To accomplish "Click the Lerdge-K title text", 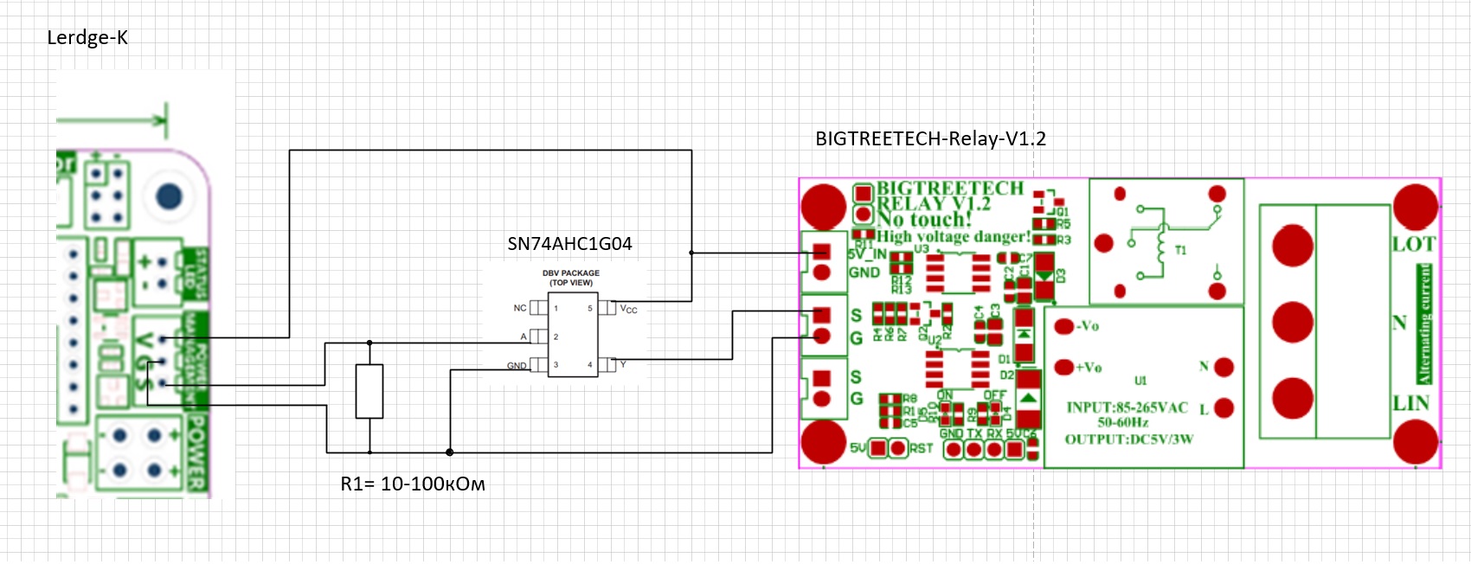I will pos(87,37).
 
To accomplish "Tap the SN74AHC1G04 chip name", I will pos(569,244).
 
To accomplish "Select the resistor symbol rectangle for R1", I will pos(369,392).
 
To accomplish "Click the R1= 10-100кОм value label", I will pos(413,484).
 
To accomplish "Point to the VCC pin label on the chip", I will pos(629,309).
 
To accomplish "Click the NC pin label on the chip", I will pos(520,308).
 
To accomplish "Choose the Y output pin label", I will pos(623,365).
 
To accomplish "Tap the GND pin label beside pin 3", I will pos(517,366).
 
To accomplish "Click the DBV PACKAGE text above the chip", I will pos(571,273).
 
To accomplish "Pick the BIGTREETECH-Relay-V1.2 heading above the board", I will pos(930,138).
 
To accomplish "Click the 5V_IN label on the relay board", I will pos(867,254).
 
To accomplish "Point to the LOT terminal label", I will pos(1414,245).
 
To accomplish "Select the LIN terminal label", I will pos(1411,403).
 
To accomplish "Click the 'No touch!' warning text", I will pos(924,220).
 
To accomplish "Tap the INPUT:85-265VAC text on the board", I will pos(1127,407).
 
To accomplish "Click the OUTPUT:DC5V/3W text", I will pos(1128,439).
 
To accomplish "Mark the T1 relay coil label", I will pos(1180,251).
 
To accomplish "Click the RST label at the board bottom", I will pos(922,448).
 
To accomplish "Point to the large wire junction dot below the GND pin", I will pos(450,452).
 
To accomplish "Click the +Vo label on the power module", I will pos(1089,368).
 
